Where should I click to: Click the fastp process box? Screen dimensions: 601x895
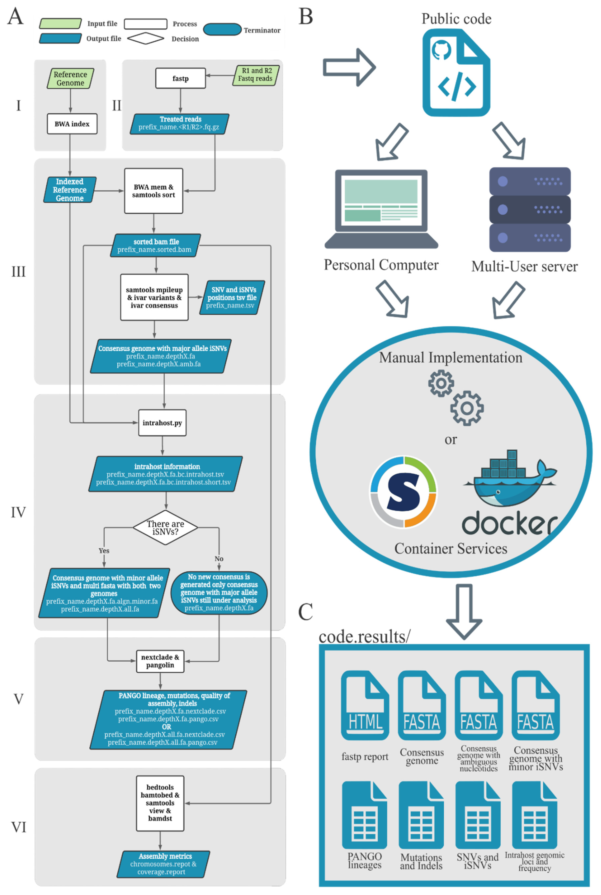pos(181,78)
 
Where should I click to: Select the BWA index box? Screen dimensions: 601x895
pos(72,124)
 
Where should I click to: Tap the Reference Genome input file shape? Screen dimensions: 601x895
pos(70,79)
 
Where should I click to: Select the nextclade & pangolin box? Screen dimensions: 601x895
pos(160,661)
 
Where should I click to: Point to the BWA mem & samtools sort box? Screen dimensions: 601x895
pos(154,191)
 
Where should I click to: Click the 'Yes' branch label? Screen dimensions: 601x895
pos(104,551)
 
